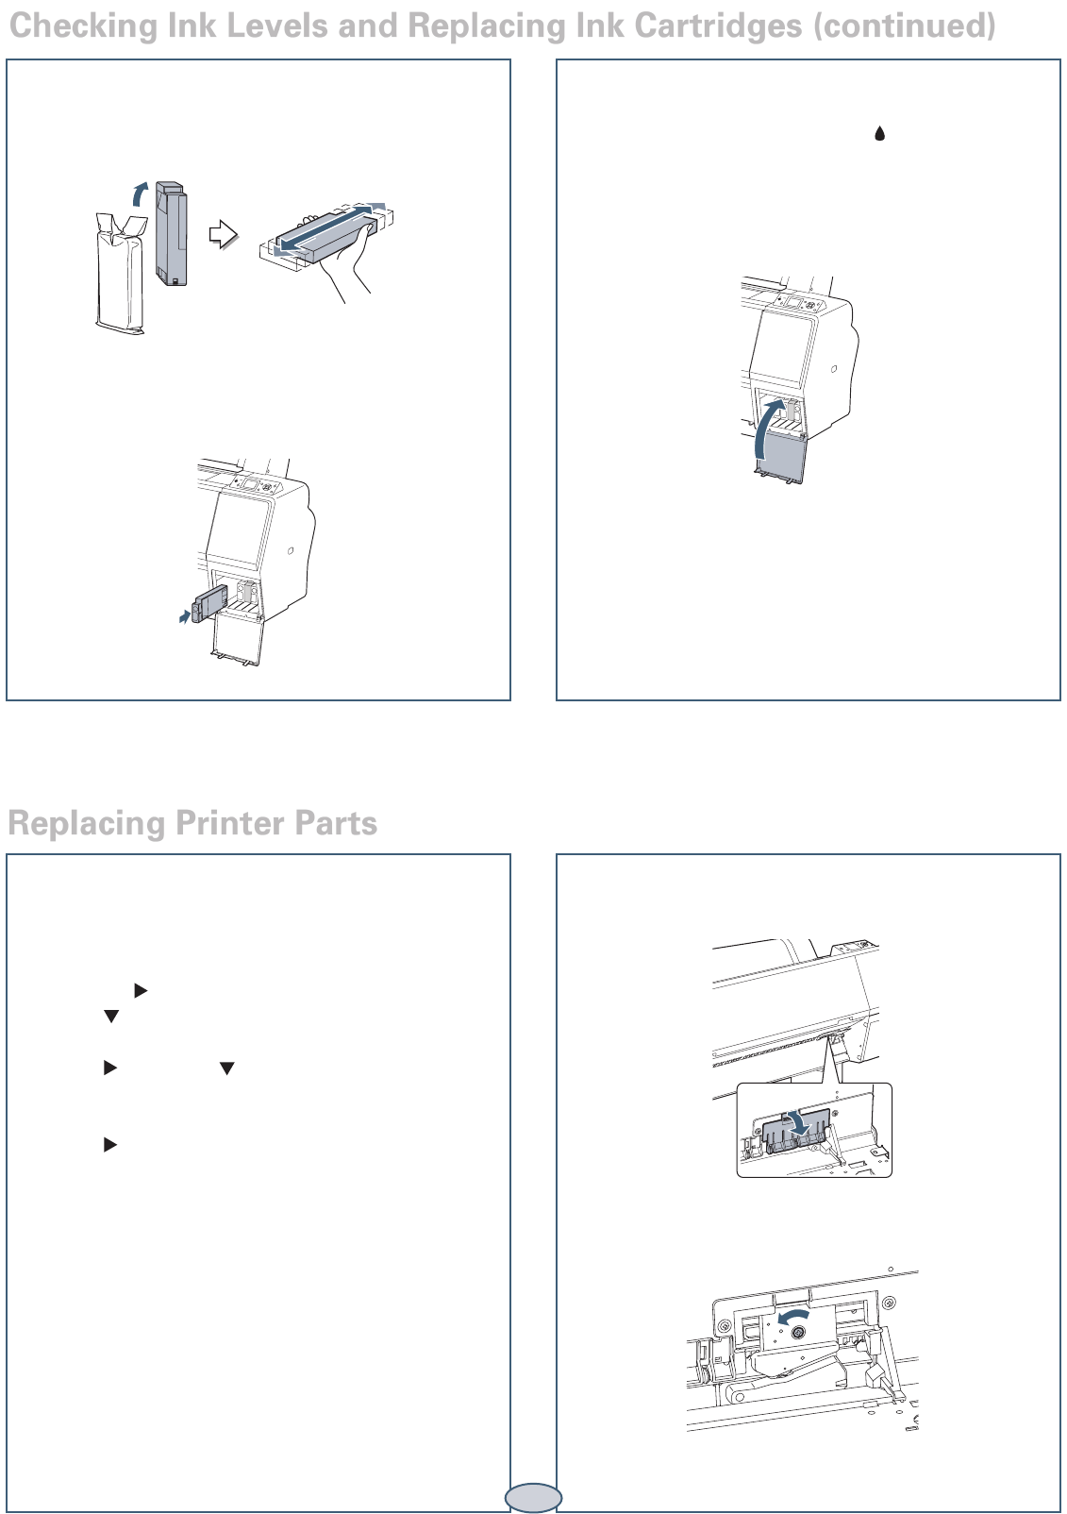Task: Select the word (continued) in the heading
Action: pos(904,27)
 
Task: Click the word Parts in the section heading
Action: pos(336,823)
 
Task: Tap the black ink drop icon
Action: pos(879,133)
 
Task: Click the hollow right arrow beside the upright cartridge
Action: pos(223,235)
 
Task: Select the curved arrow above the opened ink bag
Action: pos(140,193)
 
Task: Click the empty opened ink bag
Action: pos(120,274)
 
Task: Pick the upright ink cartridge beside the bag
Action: pos(171,233)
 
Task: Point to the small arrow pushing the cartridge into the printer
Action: pos(185,615)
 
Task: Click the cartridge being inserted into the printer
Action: pos(206,603)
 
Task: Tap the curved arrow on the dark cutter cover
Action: pos(799,1123)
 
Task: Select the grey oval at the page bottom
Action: pos(533,1498)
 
